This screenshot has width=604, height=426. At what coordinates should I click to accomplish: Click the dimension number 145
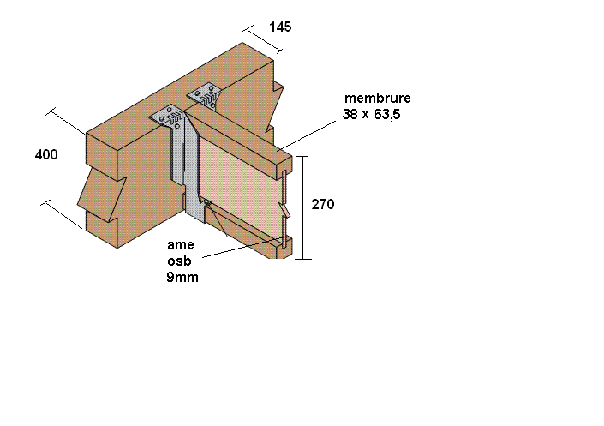280,27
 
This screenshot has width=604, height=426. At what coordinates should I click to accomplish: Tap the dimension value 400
46,155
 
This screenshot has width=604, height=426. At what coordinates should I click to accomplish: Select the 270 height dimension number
323,205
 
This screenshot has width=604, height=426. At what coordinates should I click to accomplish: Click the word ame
180,245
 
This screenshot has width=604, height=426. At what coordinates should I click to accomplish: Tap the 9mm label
182,277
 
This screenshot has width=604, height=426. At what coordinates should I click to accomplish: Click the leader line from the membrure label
308,135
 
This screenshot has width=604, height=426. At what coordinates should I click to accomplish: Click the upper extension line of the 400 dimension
67,122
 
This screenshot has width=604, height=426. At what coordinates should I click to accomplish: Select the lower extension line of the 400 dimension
63,215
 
